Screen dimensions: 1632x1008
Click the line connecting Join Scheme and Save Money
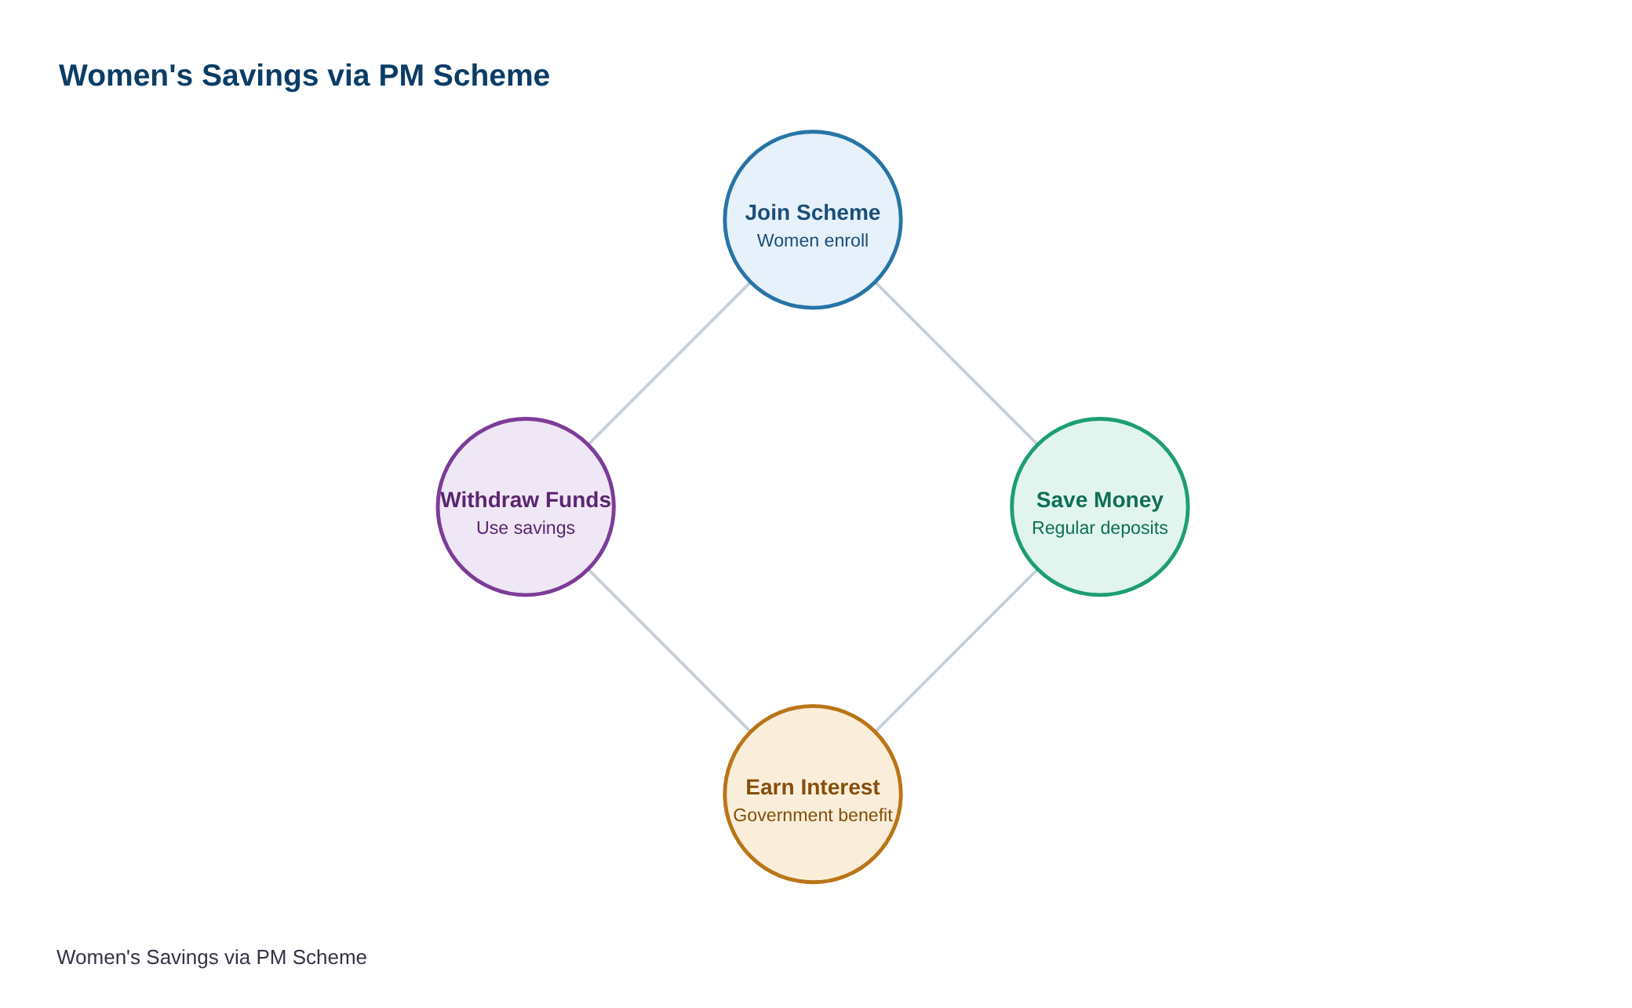(956, 363)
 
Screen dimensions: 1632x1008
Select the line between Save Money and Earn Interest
(956, 651)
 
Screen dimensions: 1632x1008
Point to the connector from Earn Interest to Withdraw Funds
(669, 651)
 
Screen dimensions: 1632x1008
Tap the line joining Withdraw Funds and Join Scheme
(669, 363)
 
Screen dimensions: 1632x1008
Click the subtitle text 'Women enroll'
(813, 241)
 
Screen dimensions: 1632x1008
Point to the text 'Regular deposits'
(1100, 528)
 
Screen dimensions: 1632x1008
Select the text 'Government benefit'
(813, 816)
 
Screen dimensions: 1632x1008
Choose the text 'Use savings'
(526, 528)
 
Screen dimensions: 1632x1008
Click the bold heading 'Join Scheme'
(813, 213)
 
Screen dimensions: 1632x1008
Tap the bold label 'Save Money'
(1100, 500)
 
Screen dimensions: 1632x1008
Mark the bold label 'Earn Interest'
(813, 787)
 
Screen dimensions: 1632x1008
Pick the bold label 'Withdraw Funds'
(526, 500)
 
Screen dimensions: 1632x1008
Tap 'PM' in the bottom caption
(271, 958)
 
